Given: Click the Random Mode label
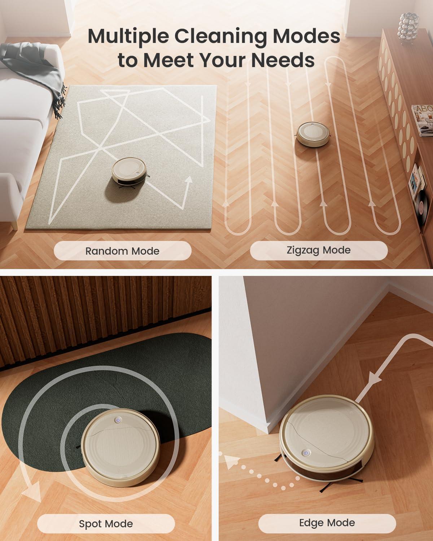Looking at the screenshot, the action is click(122, 251).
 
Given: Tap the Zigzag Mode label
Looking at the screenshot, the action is click(319, 250).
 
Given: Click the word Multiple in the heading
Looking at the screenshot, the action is click(128, 36).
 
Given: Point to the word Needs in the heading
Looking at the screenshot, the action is click(283, 60).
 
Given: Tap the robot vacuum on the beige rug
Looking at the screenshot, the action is click(129, 171).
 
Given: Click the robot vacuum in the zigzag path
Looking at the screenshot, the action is click(313, 134).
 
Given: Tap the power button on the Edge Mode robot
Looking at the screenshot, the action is click(306, 453).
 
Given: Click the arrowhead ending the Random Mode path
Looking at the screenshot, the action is click(188, 180).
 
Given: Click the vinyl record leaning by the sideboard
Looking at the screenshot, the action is click(422, 207).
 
